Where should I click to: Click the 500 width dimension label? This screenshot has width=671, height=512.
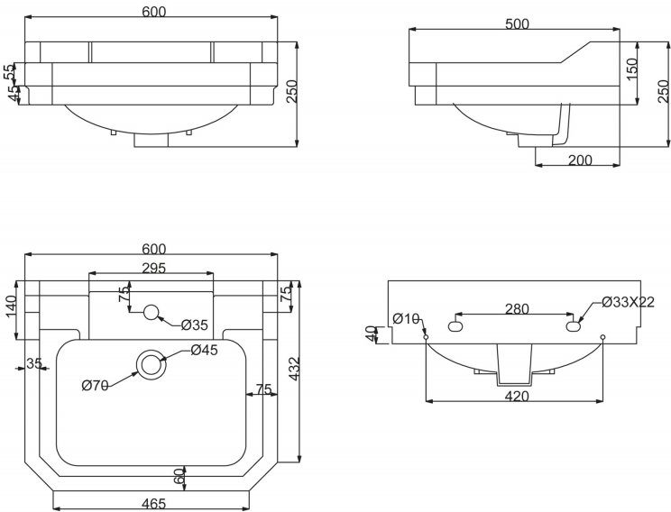click(x=517, y=24)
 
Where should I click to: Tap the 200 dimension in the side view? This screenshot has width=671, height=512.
click(x=580, y=160)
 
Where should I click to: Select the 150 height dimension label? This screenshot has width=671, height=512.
click(x=631, y=68)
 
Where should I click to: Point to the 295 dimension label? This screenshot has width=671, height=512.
click(x=153, y=269)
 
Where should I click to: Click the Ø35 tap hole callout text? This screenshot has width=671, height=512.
click(x=194, y=325)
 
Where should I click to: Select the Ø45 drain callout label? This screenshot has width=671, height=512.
click(x=205, y=350)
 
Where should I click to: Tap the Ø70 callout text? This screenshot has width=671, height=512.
click(x=95, y=386)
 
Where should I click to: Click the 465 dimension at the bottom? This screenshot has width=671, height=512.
click(x=153, y=504)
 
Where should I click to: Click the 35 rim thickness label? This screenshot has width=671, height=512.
click(x=34, y=363)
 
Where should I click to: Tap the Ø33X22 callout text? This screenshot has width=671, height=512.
click(x=629, y=302)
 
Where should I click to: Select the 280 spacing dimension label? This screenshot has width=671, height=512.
click(x=517, y=308)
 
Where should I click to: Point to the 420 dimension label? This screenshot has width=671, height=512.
click(x=517, y=397)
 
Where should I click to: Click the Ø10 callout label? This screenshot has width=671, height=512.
click(x=406, y=318)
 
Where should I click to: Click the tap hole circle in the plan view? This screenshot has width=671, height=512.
click(x=151, y=312)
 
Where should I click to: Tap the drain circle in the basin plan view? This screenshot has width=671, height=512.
click(x=151, y=365)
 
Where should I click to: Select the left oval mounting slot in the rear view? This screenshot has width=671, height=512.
click(x=455, y=326)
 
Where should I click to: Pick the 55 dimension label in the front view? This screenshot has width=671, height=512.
click(x=8, y=72)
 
